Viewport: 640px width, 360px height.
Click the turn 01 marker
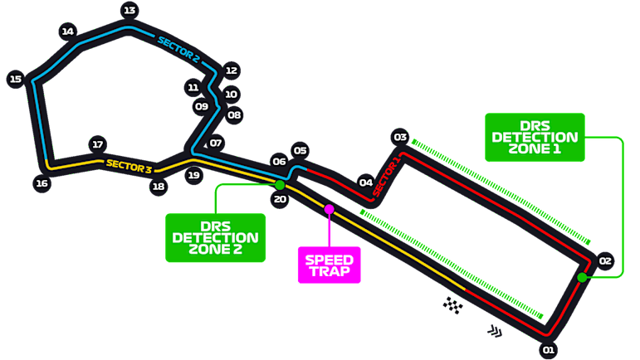[548, 349]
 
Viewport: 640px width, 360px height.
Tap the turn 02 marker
[605, 261]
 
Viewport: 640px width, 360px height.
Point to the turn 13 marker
[129, 11]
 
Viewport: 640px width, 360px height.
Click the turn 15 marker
[15, 80]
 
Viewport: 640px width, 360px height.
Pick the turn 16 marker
[41, 183]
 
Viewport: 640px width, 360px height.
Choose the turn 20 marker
[280, 199]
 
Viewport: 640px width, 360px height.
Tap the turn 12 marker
[232, 71]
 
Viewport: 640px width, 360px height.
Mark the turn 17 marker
[98, 144]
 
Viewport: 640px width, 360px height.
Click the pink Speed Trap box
[329, 265]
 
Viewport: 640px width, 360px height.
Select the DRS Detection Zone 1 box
[535, 137]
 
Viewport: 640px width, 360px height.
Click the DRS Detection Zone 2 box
[215, 237]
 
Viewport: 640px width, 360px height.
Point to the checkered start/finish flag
[452, 305]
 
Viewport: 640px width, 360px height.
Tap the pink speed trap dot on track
[330, 209]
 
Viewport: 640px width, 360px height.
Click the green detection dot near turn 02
[583, 277]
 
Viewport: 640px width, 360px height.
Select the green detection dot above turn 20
[280, 185]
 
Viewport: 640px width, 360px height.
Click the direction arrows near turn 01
[496, 332]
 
